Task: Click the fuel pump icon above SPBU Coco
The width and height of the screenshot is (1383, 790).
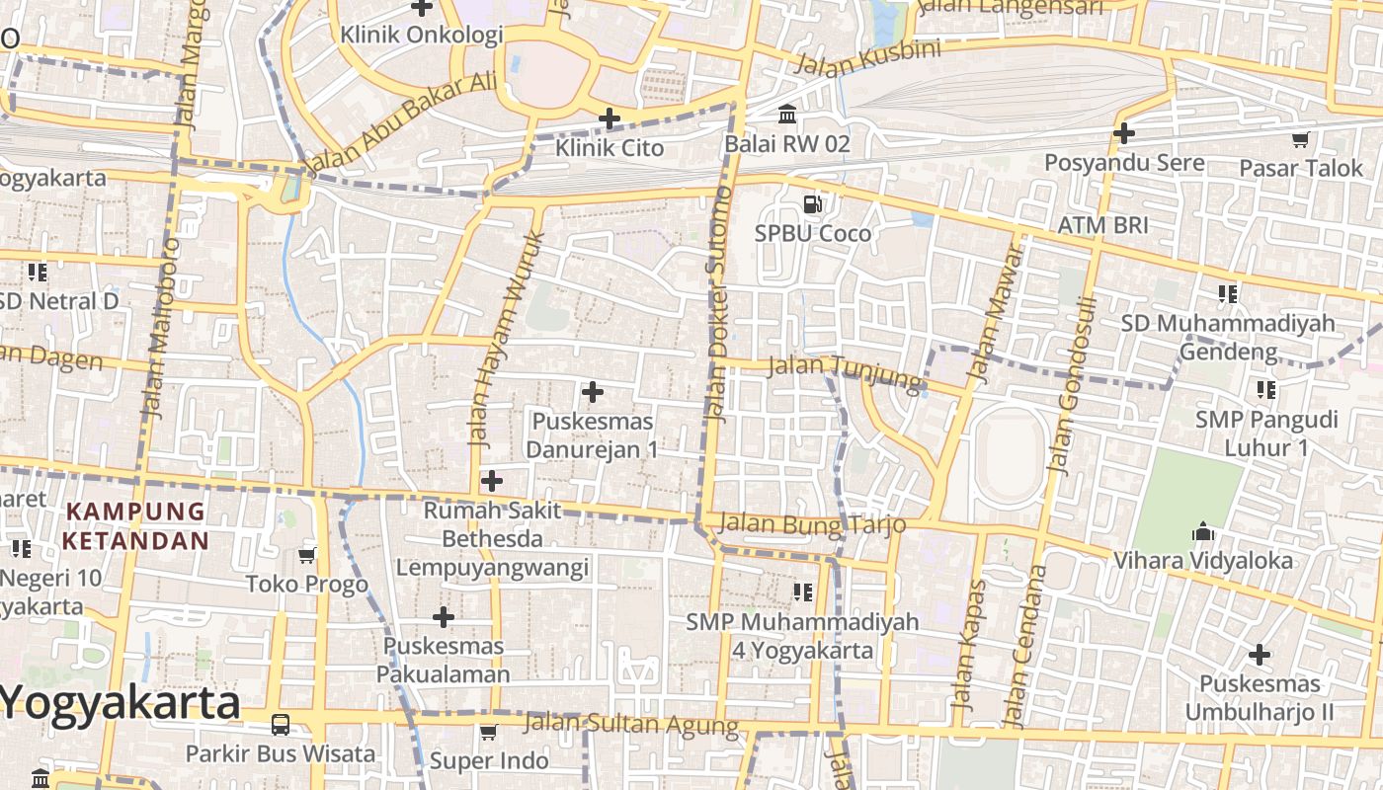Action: [x=813, y=204]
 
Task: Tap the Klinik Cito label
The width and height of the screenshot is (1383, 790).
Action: [x=609, y=148]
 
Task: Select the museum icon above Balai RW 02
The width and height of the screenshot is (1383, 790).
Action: [x=787, y=116]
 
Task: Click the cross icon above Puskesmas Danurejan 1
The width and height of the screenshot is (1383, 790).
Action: [x=593, y=392]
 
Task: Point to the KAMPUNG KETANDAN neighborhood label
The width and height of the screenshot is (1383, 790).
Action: [x=135, y=526]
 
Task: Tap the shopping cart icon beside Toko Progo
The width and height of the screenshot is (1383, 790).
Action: [x=307, y=555]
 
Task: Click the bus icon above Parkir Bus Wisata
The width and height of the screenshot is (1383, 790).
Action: [x=281, y=725]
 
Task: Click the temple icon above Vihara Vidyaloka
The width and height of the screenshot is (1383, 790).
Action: [x=1202, y=532]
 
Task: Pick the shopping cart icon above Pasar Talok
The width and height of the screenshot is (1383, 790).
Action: [x=1300, y=140]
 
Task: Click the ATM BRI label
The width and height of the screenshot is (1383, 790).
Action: [x=1102, y=225]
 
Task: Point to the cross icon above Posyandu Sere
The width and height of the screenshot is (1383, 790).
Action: [x=1123, y=132]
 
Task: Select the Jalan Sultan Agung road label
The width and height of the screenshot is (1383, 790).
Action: [x=630, y=724]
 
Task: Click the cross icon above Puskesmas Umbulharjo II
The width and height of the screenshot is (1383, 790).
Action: [x=1259, y=655]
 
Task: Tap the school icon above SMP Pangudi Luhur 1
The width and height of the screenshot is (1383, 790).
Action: [x=1265, y=390]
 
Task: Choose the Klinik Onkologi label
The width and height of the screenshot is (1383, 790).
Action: [x=422, y=35]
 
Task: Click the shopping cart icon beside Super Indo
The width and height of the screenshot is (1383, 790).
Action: [x=488, y=733]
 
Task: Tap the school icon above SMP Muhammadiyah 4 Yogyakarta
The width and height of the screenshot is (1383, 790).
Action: [x=803, y=592]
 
